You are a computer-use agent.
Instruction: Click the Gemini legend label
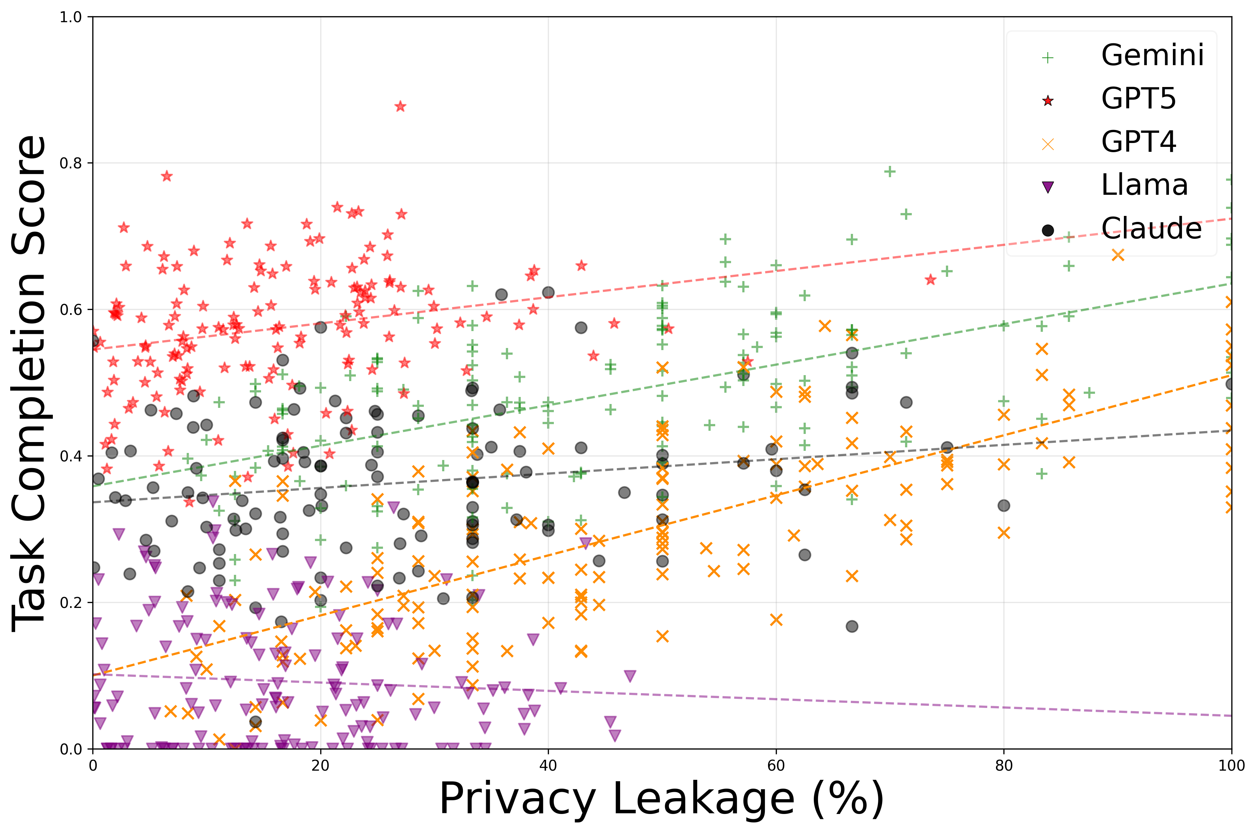1152,55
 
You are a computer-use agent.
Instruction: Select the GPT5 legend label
1138,99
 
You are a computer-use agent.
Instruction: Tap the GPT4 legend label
1138,142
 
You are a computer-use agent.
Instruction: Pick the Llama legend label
1144,185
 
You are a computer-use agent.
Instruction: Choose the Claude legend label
1151,229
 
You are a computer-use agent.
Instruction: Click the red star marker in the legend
1047,101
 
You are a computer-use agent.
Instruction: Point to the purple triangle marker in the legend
1047,187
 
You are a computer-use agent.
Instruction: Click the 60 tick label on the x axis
776,765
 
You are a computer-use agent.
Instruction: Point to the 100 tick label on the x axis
1231,765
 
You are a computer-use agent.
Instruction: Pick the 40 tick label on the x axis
548,765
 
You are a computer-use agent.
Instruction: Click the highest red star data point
400,107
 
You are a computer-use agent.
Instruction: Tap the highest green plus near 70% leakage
889,172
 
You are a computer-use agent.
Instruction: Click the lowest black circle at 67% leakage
852,626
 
